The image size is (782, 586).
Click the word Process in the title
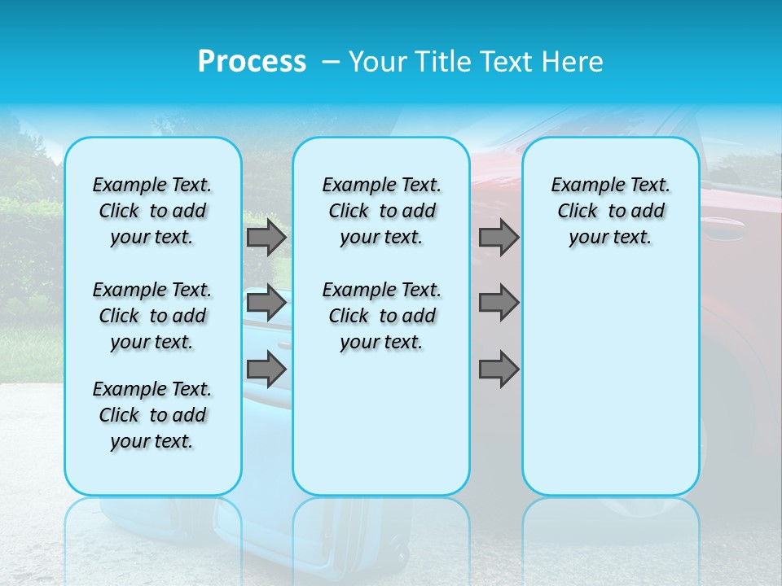pyautogui.click(x=252, y=61)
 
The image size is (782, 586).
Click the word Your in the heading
pyautogui.click(x=378, y=62)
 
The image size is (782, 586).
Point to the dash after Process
pyautogui.click(x=331, y=63)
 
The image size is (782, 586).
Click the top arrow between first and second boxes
pyautogui.click(x=266, y=238)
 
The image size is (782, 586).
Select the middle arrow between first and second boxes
pyautogui.click(x=266, y=303)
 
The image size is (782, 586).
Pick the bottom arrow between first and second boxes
pyautogui.click(x=266, y=369)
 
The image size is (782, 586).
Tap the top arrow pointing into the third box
pyautogui.click(x=499, y=238)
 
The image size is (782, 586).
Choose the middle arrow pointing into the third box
pyautogui.click(x=499, y=303)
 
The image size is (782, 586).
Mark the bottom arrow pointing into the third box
pyautogui.click(x=499, y=369)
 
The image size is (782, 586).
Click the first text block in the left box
pyautogui.click(x=152, y=211)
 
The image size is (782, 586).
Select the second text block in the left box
pyautogui.click(x=152, y=316)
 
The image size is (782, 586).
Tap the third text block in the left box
pyautogui.click(x=152, y=415)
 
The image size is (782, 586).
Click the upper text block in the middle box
pyautogui.click(x=381, y=211)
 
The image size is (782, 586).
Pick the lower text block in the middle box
pyautogui.click(x=381, y=316)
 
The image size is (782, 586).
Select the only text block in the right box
pyautogui.click(x=610, y=211)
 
